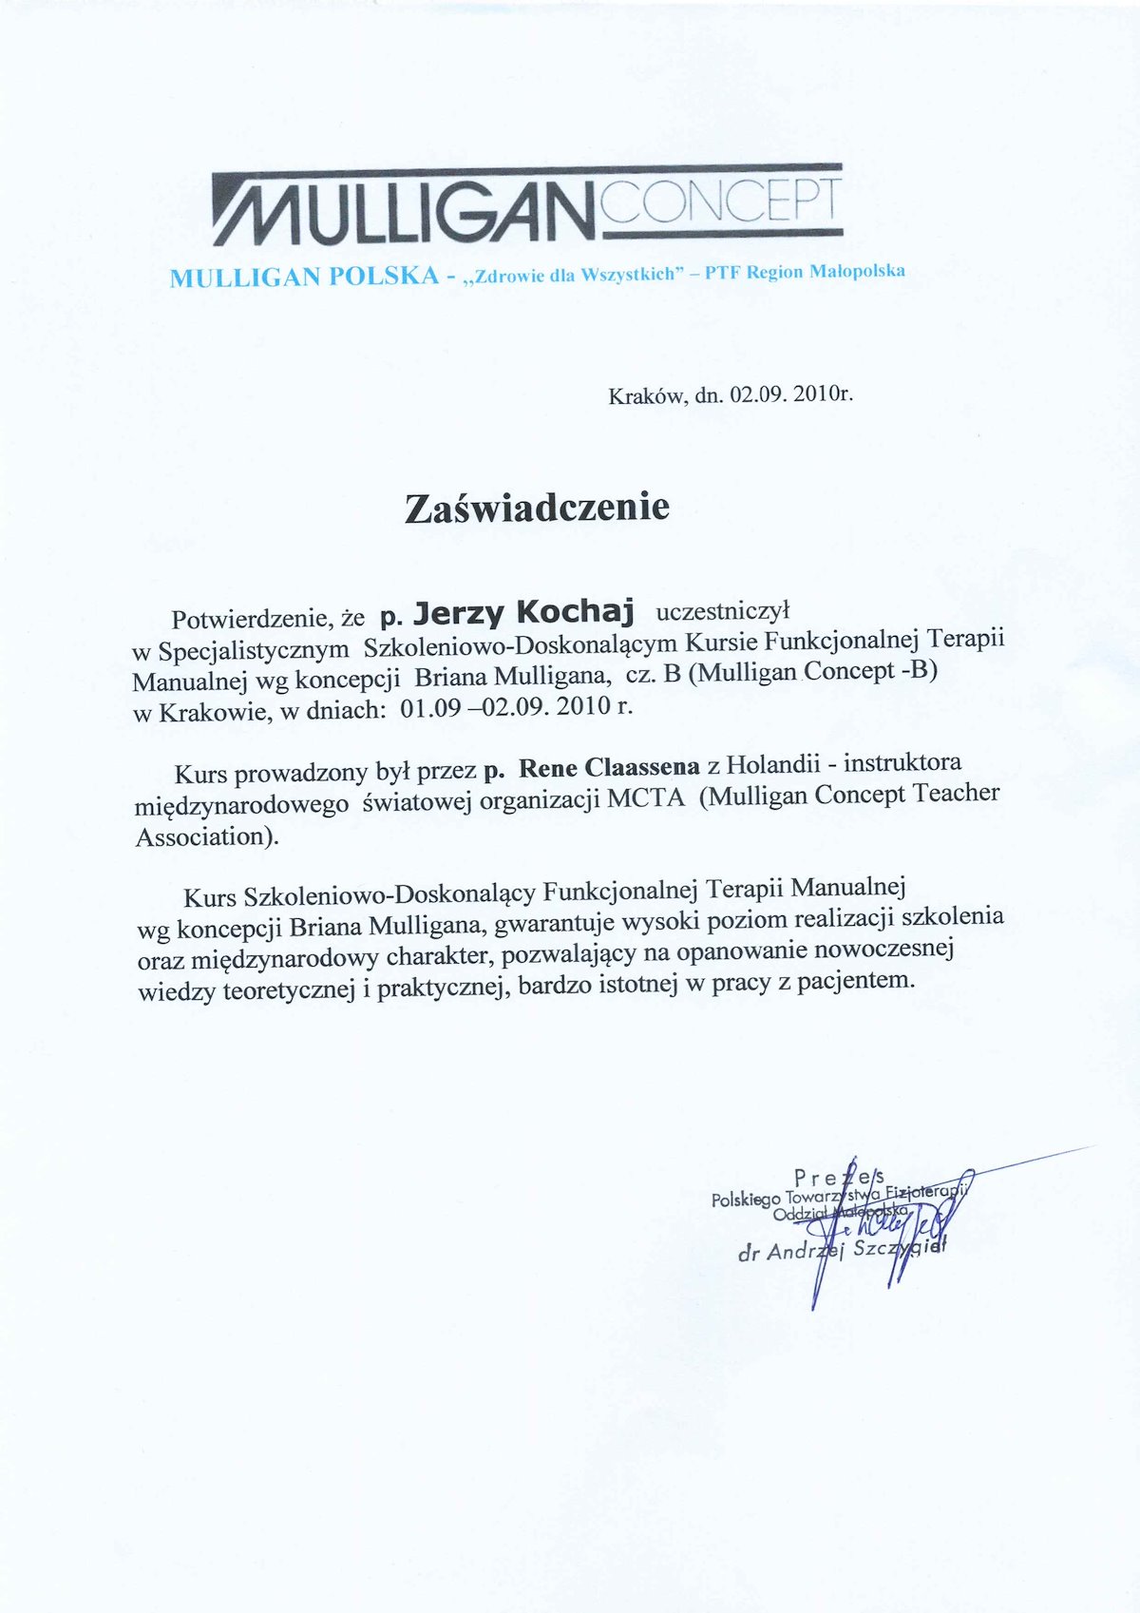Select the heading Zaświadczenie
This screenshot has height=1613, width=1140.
pos(537,508)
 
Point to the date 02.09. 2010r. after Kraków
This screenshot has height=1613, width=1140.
pos(791,394)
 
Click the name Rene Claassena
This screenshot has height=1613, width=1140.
pos(610,767)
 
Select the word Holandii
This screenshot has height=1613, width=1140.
pos(780,763)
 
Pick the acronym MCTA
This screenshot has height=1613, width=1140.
pos(646,798)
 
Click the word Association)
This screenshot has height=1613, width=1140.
pos(207,837)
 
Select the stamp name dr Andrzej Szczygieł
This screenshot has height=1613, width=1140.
pos(842,1251)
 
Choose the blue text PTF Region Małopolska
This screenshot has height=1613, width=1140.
pos(805,272)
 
